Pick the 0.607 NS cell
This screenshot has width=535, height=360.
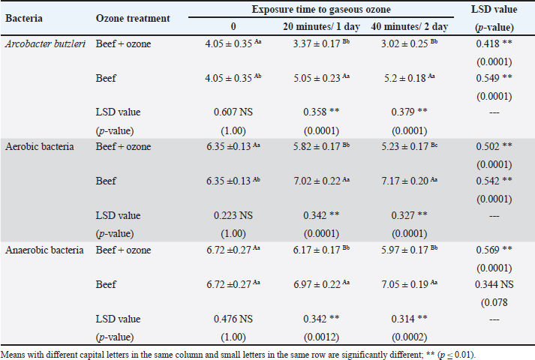coord(230,112)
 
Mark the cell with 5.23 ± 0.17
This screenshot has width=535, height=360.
coord(410,146)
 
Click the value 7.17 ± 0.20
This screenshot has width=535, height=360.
coord(410,181)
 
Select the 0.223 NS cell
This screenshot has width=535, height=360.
coord(230,215)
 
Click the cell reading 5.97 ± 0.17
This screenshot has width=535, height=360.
coord(410,249)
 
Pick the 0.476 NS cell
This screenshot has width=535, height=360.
coord(230,317)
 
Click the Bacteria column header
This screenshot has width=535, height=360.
coord(25,16)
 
